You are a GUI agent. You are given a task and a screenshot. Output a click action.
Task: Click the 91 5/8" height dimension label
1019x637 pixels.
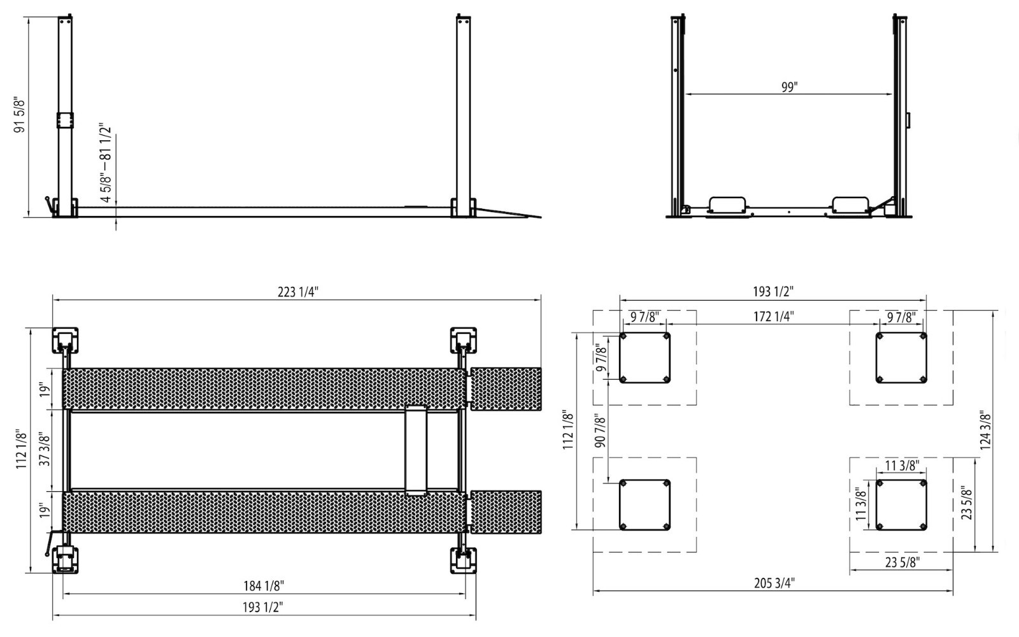(20, 115)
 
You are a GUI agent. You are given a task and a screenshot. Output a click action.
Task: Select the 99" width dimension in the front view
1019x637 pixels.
(789, 88)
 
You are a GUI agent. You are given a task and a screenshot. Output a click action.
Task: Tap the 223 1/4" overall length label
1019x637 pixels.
(297, 292)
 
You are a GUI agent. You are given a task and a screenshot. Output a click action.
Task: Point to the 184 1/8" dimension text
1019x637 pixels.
(264, 585)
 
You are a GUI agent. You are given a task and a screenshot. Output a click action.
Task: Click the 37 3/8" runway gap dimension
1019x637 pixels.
(45, 450)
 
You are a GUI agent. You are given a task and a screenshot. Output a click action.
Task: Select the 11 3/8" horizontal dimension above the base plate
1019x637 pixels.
(902, 466)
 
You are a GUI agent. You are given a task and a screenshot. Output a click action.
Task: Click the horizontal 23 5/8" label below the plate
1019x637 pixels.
(902, 562)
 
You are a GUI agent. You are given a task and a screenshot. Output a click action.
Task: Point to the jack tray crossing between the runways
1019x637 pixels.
(416, 450)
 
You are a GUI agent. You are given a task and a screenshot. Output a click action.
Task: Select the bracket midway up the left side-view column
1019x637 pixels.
(64, 120)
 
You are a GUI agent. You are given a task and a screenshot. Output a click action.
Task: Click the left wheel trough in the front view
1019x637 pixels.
(727, 204)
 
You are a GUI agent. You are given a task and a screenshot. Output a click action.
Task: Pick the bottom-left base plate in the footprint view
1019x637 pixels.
(645, 505)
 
